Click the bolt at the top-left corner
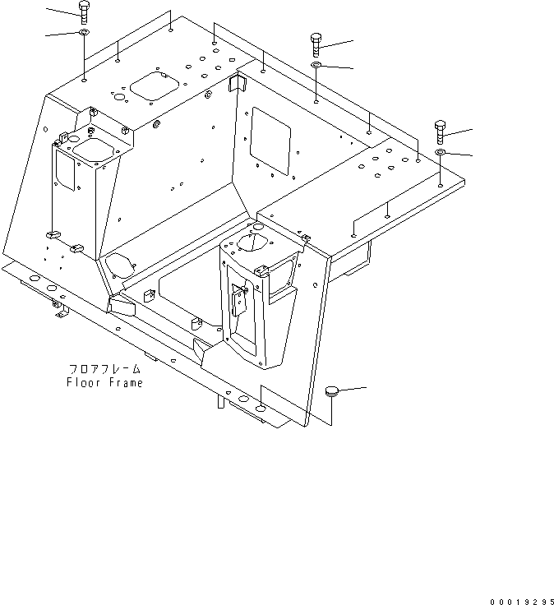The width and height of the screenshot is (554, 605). [x=84, y=12]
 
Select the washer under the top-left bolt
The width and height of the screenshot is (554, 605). [x=84, y=33]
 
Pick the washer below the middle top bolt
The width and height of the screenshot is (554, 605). [x=317, y=64]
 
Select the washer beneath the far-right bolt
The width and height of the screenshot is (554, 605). [x=441, y=153]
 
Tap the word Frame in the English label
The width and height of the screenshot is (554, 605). [x=124, y=383]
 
